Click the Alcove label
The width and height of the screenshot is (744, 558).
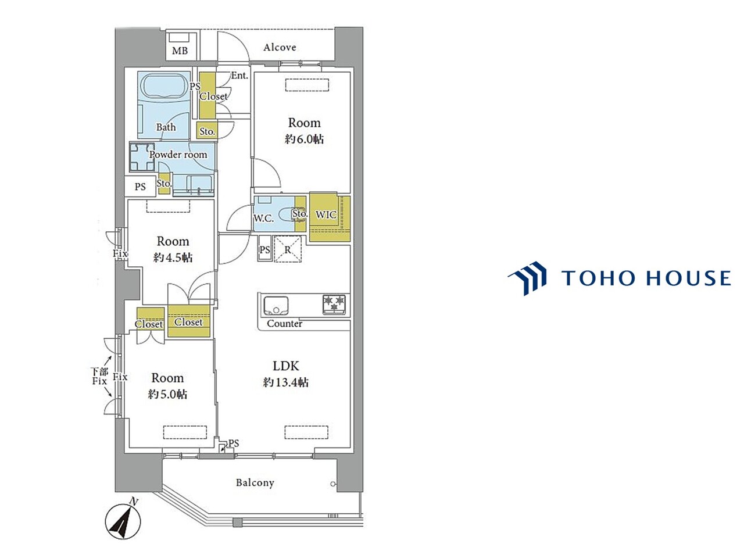tap(280, 48)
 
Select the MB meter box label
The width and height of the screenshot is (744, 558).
tap(180, 51)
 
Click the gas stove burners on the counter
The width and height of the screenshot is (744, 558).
tap(334, 303)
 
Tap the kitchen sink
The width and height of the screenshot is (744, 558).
tap(276, 306)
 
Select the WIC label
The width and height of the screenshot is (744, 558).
tap(325, 215)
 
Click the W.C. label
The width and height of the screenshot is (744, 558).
tap(263, 219)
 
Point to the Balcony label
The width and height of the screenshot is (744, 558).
tap(255, 482)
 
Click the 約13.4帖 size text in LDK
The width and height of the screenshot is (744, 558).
tap(286, 382)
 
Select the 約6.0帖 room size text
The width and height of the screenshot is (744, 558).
tap(304, 139)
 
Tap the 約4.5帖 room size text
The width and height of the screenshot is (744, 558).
tap(173, 258)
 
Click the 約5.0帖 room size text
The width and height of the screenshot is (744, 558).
tap(167, 394)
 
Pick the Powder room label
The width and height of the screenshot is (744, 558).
tap(178, 155)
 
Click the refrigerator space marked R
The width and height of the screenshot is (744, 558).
tap(288, 249)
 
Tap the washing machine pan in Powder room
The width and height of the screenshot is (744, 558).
tap(142, 157)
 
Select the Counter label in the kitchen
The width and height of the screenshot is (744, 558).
tap(284, 324)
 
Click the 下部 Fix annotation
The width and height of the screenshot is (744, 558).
tap(99, 376)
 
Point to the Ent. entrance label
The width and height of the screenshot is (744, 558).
tap(239, 76)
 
